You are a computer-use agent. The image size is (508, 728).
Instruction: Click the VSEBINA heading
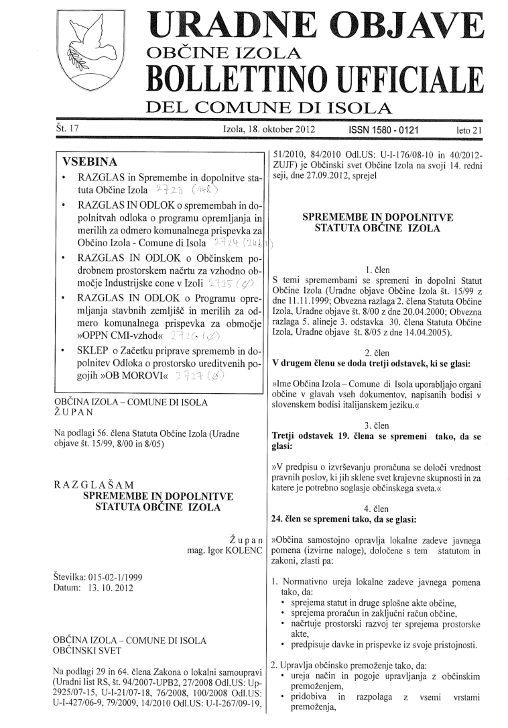click(x=89, y=162)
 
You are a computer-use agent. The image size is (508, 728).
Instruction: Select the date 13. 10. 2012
click(x=111, y=588)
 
